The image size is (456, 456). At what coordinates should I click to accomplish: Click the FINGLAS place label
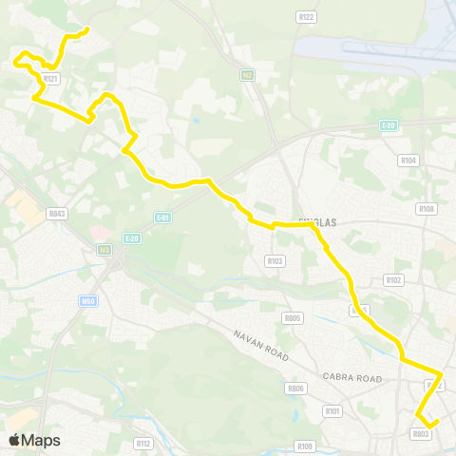tap(317, 221)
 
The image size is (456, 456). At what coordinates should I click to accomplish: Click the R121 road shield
tap(51, 79)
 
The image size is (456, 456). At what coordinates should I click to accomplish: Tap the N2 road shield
tap(246, 73)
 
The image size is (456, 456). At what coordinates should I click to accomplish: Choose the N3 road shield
tap(104, 249)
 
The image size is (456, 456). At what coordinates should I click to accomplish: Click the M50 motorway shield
tap(86, 301)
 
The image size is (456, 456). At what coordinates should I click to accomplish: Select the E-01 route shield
tap(162, 217)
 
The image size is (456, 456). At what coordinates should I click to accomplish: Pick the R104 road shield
tap(409, 161)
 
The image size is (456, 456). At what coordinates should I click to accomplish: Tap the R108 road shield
tap(427, 209)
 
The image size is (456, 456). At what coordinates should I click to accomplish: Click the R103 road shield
tap(275, 260)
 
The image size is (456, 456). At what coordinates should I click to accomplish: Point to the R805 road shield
tap(293, 317)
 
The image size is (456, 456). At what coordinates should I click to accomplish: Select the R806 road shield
tap(296, 389)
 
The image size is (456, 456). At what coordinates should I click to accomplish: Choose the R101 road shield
tap(332, 411)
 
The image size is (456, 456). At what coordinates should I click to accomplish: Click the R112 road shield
tap(143, 443)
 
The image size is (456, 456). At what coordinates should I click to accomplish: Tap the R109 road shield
tap(304, 446)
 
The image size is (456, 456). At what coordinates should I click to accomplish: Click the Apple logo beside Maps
tap(14, 440)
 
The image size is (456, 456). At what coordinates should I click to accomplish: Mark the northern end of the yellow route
tap(87, 29)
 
